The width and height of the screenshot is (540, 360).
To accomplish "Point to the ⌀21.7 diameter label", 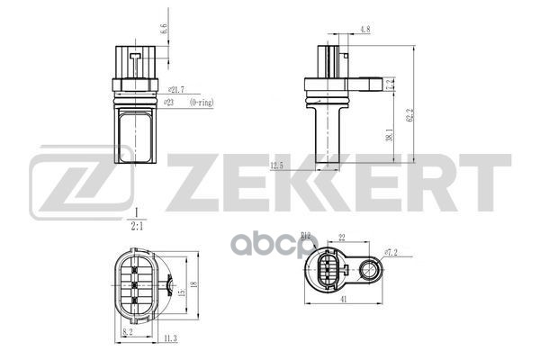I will click(x=176, y=88).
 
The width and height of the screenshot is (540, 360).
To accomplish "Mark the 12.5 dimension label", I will click(x=275, y=165).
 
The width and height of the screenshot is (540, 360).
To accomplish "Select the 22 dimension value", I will click(x=342, y=238).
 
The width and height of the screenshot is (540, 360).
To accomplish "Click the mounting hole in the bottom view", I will click(x=369, y=269).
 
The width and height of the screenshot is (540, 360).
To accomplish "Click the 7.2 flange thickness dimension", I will click(x=390, y=85).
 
